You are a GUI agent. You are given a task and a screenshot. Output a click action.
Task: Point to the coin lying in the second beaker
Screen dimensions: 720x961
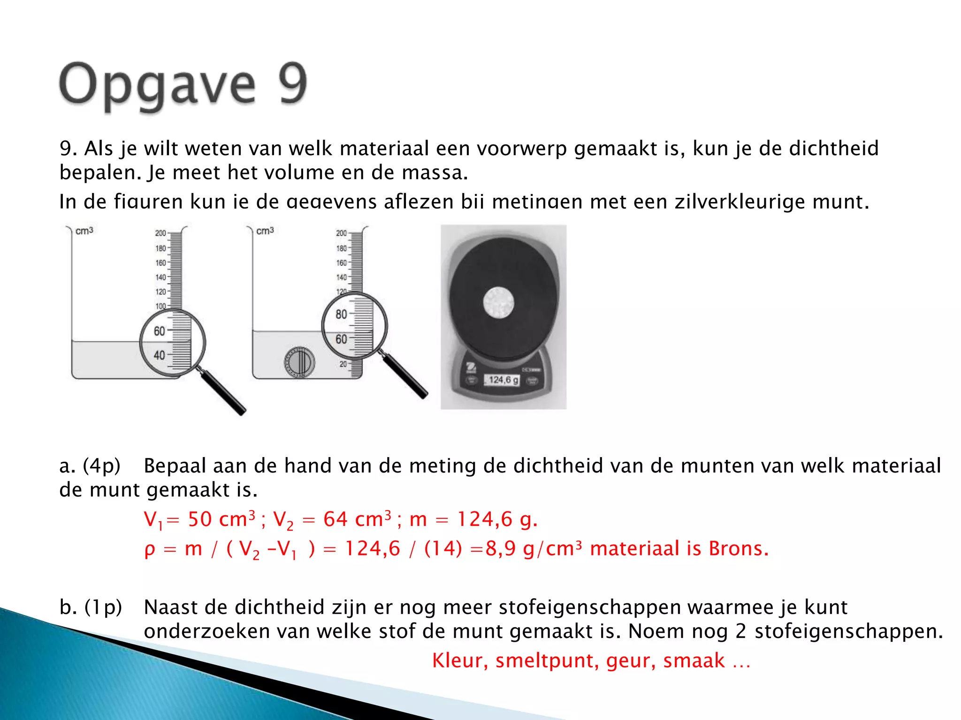(299, 362)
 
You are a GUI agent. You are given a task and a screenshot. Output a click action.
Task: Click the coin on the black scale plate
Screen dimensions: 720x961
(498, 302)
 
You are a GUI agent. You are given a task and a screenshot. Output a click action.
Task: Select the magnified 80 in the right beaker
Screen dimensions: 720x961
(341, 315)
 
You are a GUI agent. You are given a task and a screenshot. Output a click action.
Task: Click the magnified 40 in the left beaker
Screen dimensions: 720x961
(159, 355)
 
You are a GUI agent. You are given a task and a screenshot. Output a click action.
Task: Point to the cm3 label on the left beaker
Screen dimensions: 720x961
(84, 231)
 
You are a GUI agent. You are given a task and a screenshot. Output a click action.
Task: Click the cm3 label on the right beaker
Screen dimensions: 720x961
(265, 231)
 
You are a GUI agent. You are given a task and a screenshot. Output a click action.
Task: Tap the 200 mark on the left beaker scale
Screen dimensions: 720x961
(160, 233)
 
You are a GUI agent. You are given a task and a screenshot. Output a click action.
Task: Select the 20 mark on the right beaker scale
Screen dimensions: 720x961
(343, 364)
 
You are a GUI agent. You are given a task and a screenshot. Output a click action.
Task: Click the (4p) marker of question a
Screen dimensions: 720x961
(102, 466)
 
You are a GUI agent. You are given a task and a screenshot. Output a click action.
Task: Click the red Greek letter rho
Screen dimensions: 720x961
(149, 549)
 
